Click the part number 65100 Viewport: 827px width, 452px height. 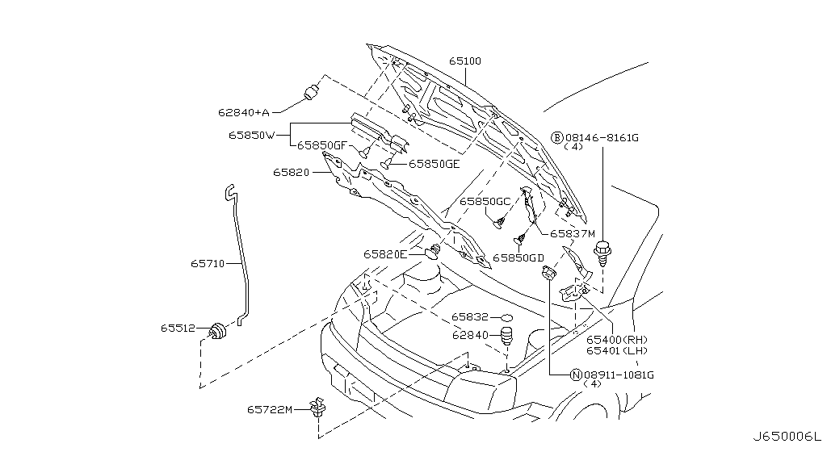tap(465, 61)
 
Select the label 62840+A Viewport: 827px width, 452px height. tap(242, 111)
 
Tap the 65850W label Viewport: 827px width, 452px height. tap(252, 135)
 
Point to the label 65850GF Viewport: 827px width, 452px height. tap(322, 146)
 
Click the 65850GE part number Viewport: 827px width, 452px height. tap(434, 163)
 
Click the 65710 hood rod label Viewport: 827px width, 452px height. tap(208, 262)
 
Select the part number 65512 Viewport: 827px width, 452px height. tap(178, 329)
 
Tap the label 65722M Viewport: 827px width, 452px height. tap(270, 410)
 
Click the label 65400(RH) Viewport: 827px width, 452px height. tap(615, 340)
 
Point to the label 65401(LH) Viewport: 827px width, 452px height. tap(615, 350)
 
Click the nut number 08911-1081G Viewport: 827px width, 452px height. tap(619, 375)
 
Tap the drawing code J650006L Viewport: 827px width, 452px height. tap(785, 436)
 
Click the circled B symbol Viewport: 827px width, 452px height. tap(557, 138)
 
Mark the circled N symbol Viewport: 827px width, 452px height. tap(576, 375)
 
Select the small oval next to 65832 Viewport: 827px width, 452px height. tap(506, 317)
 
